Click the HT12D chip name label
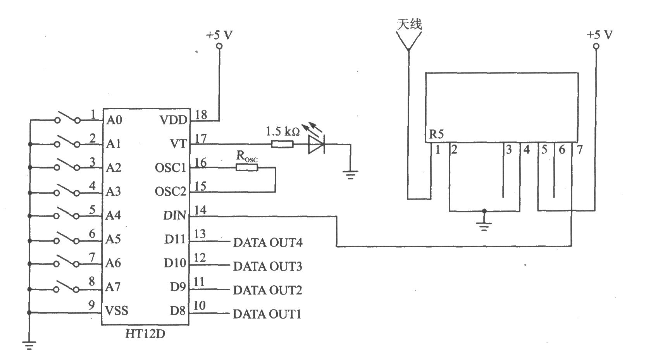click(145, 334)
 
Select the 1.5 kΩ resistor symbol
click(282, 145)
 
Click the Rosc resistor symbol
click(247, 168)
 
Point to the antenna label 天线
click(409, 24)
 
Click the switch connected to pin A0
click(67, 118)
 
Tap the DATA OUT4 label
click(267, 243)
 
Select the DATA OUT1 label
click(267, 314)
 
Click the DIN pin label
click(175, 215)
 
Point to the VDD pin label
click(173, 120)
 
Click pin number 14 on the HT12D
click(200, 210)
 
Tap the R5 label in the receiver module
click(436, 134)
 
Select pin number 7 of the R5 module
click(579, 150)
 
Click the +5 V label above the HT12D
click(219, 35)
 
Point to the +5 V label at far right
click(599, 35)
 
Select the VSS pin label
click(117, 310)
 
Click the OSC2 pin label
click(171, 191)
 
